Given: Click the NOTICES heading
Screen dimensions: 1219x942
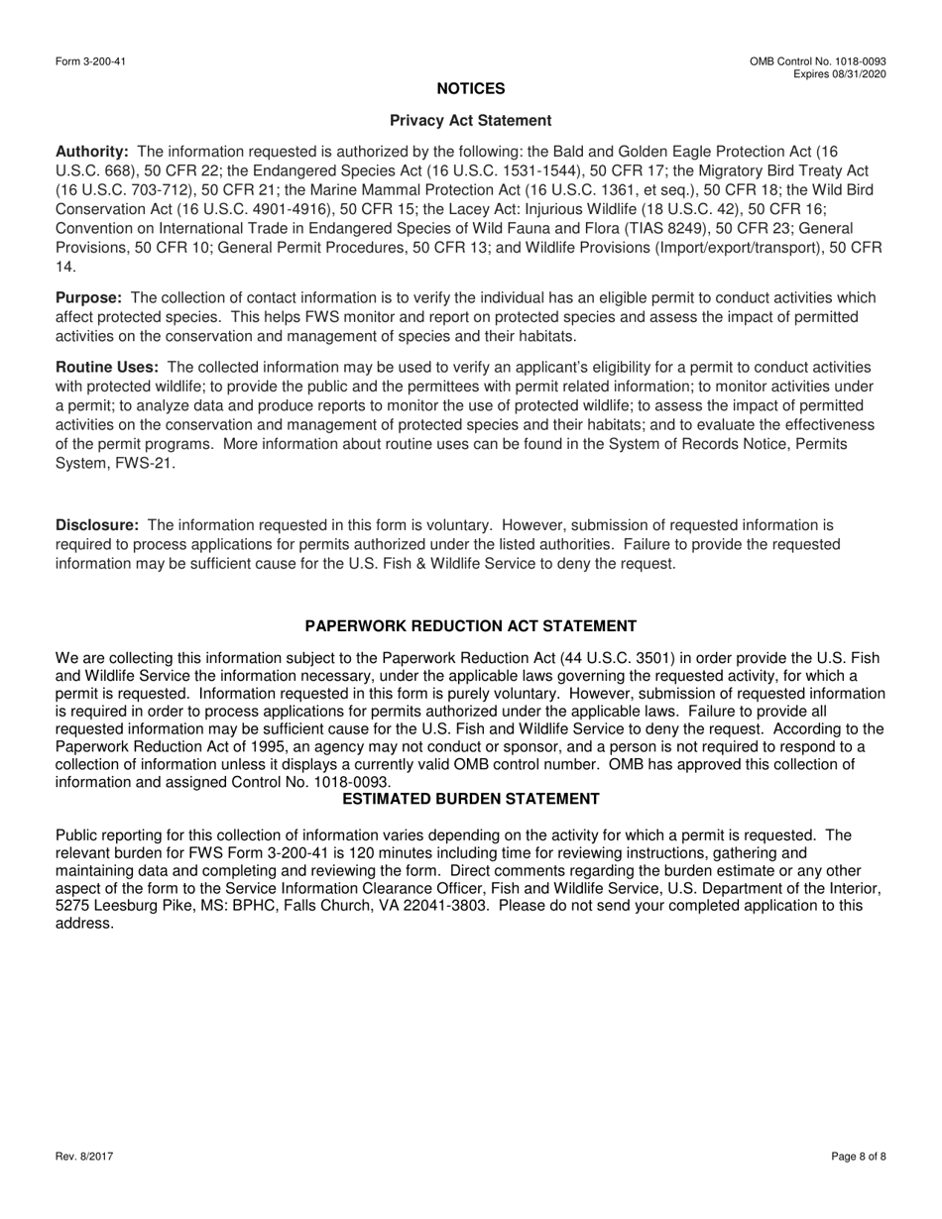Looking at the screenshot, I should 471,89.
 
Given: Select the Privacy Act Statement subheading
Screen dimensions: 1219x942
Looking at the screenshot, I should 471,121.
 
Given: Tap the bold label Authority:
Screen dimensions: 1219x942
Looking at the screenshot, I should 92,152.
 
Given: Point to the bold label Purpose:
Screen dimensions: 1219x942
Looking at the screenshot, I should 89,298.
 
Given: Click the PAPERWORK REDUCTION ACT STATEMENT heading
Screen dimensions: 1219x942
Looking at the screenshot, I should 471,626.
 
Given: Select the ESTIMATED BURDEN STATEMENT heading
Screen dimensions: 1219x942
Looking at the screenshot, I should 471,799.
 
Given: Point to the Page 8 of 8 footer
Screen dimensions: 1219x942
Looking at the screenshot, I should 859,1157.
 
